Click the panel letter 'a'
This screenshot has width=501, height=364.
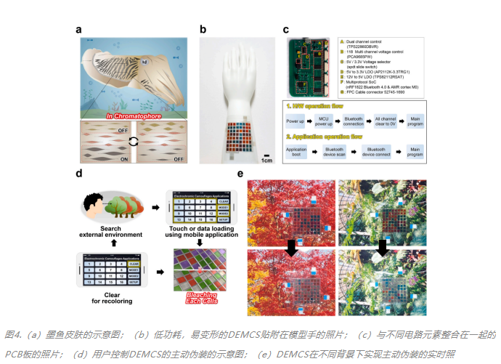(x=78, y=30)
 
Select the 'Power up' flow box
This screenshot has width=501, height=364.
(x=295, y=121)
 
